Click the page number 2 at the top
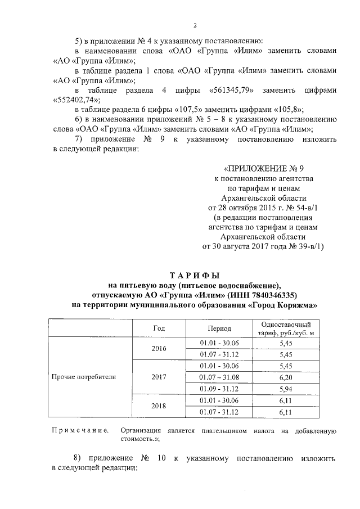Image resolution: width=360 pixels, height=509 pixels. tap(195, 25)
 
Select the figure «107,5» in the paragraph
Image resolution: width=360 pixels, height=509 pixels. tap(187, 110)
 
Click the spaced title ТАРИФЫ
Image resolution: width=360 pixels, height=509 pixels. tap(195, 274)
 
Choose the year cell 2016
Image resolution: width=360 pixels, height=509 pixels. tap(159, 349)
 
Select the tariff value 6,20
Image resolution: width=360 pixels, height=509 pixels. tap(286, 376)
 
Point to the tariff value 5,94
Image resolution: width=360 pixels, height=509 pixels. tap(286, 389)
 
